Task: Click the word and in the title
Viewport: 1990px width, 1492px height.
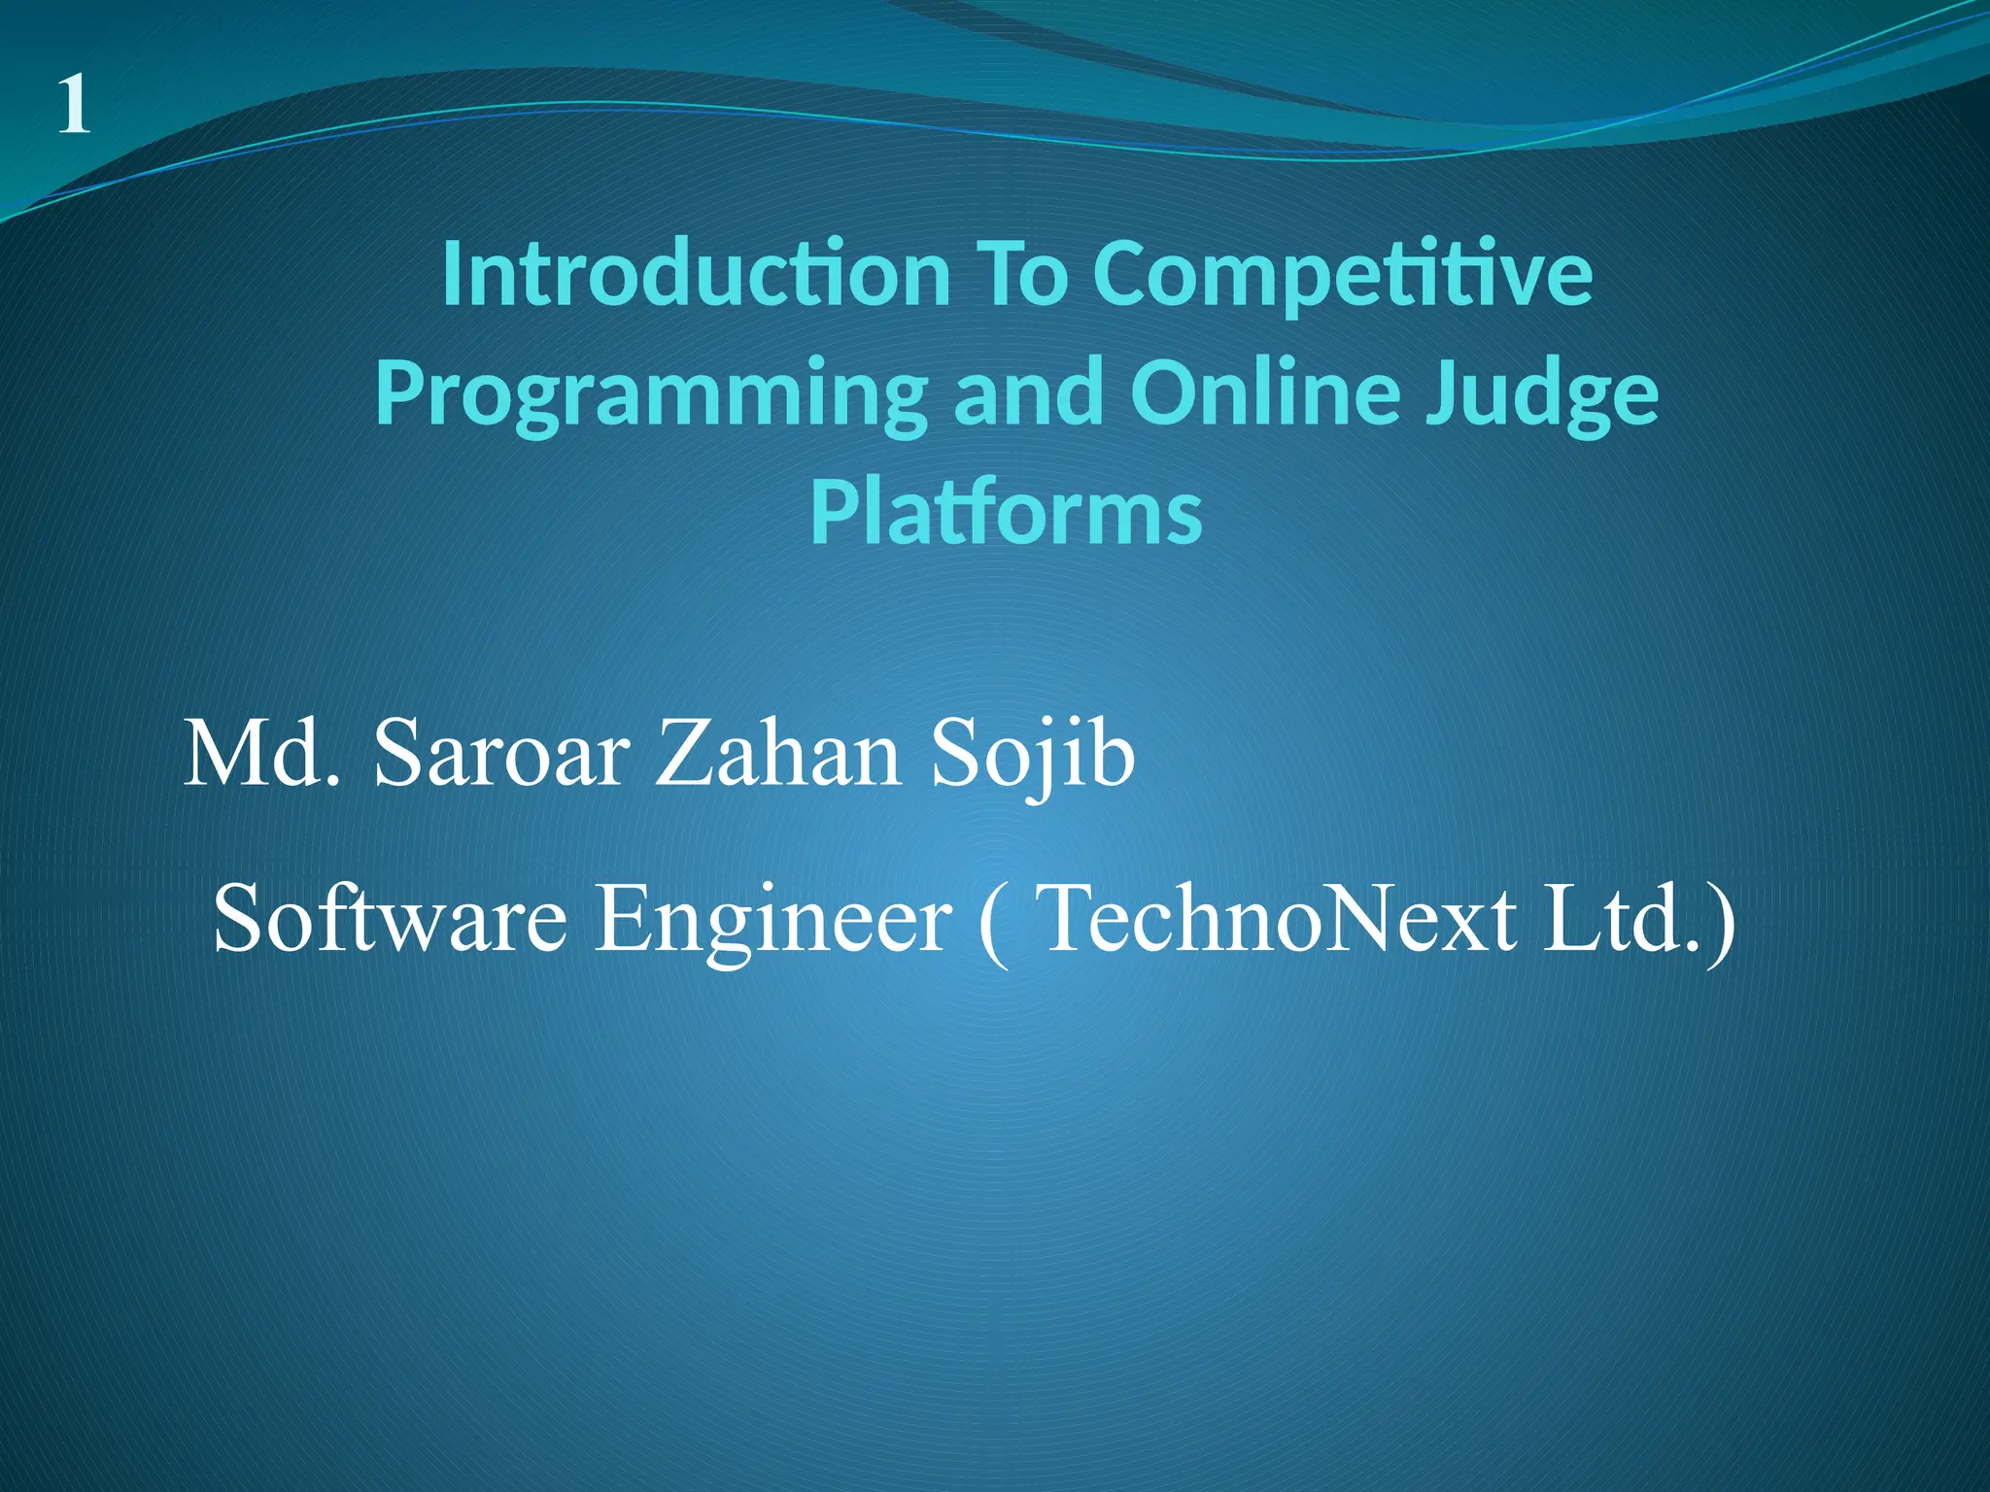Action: [1028, 392]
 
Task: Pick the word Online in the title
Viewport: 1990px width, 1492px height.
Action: [1264, 392]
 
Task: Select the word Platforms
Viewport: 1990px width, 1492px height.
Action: [1006, 513]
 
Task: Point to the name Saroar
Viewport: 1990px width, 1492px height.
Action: [502, 755]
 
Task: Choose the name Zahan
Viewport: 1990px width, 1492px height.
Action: [777, 755]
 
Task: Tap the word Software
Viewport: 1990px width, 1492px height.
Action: [390, 918]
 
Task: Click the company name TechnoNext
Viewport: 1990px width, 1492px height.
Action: [1277, 918]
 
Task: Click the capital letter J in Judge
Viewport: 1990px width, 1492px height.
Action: [1441, 392]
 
